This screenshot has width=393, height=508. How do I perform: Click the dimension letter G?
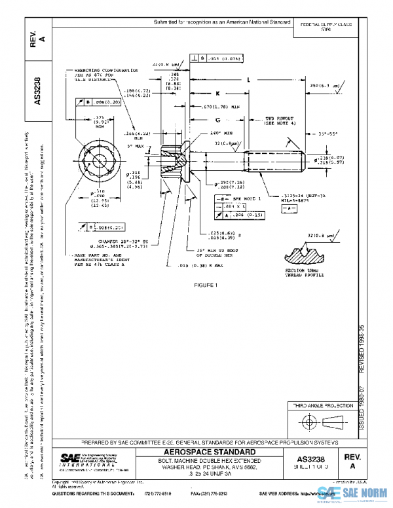tap(216, 120)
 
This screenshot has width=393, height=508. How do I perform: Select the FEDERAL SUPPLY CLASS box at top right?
tap(326, 26)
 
